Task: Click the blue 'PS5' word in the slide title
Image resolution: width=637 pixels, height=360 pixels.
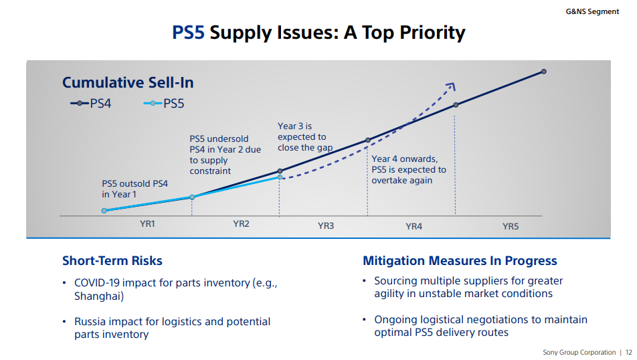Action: click(x=188, y=32)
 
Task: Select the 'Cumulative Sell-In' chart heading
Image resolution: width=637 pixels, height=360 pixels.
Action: click(x=128, y=82)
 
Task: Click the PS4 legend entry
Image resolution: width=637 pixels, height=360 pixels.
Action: click(x=90, y=103)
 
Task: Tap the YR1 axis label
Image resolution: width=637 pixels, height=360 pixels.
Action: click(x=147, y=224)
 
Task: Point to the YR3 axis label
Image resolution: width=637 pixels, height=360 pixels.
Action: click(x=325, y=226)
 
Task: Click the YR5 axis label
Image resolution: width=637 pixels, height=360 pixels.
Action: click(x=510, y=227)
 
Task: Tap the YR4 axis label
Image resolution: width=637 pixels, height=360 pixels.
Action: click(x=414, y=227)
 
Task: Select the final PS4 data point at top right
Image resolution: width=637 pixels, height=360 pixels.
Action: click(x=543, y=71)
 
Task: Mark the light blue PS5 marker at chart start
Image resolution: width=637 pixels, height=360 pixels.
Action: click(x=104, y=210)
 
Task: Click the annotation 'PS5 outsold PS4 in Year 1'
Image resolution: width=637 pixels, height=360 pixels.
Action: click(x=134, y=189)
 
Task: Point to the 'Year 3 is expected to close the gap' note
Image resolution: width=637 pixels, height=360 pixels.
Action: click(x=305, y=137)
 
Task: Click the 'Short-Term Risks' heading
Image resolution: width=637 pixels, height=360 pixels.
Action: click(x=112, y=261)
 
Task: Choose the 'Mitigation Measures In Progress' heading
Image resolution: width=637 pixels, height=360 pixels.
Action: click(x=460, y=261)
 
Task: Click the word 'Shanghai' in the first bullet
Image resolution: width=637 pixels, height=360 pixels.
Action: click(x=99, y=296)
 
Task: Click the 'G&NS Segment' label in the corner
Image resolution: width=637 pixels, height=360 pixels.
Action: click(x=592, y=11)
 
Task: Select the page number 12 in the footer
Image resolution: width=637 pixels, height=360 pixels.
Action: click(x=628, y=353)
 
